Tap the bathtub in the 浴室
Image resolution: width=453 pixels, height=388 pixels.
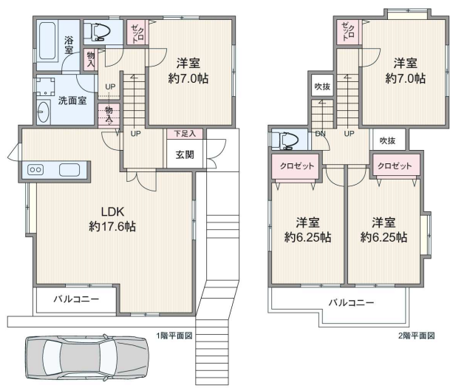[47, 41]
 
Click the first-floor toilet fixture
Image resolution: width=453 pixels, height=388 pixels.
[98, 31]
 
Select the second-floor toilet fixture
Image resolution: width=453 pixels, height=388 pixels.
[285, 140]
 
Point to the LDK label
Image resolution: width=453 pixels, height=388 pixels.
[112, 212]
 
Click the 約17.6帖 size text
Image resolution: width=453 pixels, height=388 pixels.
[112, 226]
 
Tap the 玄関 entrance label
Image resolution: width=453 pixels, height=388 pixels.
[185, 155]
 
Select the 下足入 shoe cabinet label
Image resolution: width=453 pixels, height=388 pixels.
[185, 134]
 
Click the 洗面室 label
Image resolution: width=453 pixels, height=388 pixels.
[72, 101]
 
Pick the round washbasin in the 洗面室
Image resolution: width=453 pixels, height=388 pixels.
[44, 112]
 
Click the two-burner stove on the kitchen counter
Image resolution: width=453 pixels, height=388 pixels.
[35, 169]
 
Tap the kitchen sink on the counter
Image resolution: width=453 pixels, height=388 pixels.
[69, 170]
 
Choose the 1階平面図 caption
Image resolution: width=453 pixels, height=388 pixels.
[174, 336]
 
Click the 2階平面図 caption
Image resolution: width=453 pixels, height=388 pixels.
[417, 336]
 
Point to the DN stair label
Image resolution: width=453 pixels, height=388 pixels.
[320, 134]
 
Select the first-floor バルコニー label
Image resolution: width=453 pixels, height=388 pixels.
[76, 299]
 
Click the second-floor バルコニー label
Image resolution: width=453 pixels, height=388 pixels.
[351, 302]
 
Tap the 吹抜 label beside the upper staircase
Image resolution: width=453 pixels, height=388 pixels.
[322, 86]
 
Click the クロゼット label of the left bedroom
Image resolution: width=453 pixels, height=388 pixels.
[296, 166]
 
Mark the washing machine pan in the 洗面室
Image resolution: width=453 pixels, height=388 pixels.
[45, 86]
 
